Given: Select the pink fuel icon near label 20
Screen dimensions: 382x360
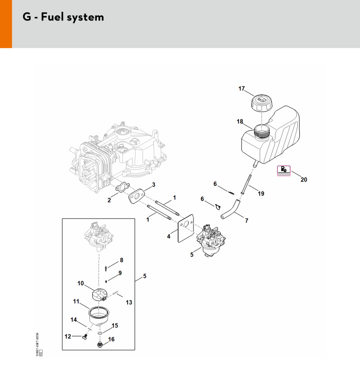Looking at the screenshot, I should click(x=284, y=170).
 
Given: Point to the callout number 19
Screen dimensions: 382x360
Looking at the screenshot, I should click(x=261, y=193).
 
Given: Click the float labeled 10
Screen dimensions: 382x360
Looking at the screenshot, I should click(x=101, y=294).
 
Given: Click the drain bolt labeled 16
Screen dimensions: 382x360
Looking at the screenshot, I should click(x=100, y=345).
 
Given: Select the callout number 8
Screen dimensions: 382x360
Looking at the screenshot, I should click(x=122, y=260).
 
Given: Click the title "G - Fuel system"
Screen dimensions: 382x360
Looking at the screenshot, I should click(x=63, y=17).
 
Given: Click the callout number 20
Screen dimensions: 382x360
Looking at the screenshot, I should click(x=304, y=180).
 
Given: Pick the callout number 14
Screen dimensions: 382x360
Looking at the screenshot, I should click(x=74, y=320).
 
